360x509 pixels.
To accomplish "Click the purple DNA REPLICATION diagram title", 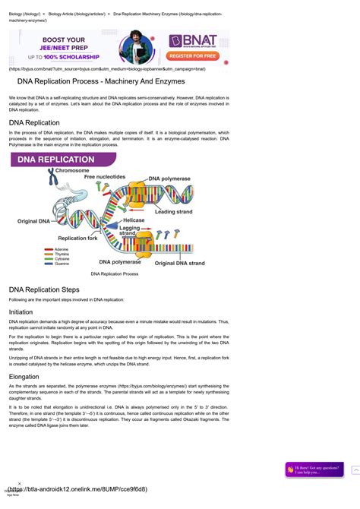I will pos(62,160).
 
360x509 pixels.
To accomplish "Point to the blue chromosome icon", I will pos(51,180).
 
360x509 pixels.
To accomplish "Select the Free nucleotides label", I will pos(99,176).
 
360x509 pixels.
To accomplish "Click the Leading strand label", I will pos(174,212).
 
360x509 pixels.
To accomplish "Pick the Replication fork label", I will pos(77,238).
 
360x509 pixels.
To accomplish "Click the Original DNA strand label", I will pos(180,263).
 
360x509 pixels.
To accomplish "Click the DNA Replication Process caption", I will pos(114,273).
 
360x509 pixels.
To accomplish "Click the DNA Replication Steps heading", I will pos(44,289).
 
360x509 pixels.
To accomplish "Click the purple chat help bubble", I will pos(314,469).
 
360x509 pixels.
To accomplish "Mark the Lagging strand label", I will pos(130,229).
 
